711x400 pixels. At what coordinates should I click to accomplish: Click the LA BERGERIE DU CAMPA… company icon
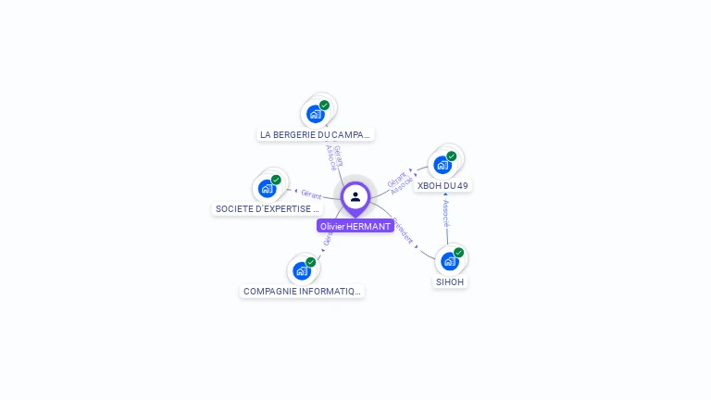(316, 114)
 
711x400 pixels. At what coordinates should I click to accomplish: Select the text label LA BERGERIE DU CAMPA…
(316, 134)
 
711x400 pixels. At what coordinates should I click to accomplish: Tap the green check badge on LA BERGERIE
(325, 106)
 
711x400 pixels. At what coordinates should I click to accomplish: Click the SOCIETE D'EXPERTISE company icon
(268, 188)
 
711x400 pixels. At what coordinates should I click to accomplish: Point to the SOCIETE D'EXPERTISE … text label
(268, 209)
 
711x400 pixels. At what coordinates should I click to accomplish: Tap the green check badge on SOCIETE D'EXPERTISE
(276, 180)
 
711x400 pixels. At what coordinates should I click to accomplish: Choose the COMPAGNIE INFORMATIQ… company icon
(302, 270)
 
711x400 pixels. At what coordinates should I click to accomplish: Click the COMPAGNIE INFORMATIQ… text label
(302, 291)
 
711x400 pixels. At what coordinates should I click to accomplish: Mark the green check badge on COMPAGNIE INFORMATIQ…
(311, 262)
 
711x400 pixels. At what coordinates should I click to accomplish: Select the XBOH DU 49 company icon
(443, 165)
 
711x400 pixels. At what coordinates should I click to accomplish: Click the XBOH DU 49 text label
(443, 185)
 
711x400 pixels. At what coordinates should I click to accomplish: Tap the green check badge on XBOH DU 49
(452, 156)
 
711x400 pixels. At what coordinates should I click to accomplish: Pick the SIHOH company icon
(450, 261)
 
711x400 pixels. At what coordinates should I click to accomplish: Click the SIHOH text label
(451, 281)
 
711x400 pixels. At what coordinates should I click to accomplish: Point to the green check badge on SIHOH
(459, 253)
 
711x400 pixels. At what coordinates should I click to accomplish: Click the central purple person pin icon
(355, 197)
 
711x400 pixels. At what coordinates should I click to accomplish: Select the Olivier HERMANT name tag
(355, 226)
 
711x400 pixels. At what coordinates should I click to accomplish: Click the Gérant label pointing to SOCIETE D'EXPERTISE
(311, 195)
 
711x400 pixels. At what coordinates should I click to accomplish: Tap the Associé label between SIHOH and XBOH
(445, 213)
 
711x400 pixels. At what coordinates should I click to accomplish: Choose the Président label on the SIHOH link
(405, 231)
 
